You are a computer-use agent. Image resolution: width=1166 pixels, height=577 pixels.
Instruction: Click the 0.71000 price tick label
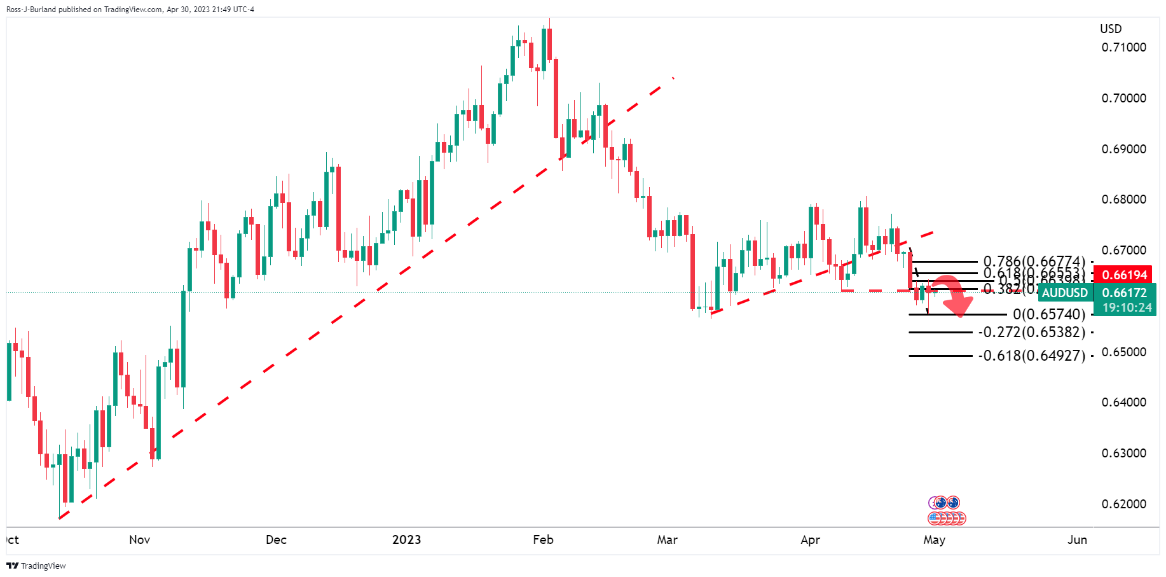(1123, 48)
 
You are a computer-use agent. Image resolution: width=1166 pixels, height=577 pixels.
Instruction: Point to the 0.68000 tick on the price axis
(1123, 200)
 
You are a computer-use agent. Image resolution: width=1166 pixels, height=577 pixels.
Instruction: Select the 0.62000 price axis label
(1123, 504)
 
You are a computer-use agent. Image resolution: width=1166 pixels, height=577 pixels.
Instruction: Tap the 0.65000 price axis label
(1123, 352)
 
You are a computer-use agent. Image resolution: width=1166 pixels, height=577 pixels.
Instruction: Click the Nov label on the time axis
(139, 540)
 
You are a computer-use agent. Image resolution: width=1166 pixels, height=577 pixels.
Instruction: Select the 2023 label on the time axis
(406, 540)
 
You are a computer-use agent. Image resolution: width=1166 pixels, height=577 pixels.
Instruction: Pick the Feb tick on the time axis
(543, 540)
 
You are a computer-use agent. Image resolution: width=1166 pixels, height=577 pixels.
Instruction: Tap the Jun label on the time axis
(1077, 540)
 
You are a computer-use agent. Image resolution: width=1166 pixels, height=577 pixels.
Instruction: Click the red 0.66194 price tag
(1124, 275)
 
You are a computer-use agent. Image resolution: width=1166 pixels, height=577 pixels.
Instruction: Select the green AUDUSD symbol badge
(1064, 293)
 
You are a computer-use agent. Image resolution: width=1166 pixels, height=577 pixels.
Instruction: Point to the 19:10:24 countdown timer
(1127, 308)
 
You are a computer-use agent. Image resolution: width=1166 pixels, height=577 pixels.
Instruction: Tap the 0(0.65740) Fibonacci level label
(1049, 314)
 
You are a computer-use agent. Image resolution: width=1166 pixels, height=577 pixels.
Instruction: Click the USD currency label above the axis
(1111, 29)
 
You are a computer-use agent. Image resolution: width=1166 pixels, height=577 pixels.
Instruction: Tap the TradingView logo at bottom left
(37, 566)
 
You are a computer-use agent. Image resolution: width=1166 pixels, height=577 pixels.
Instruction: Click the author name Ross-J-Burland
(31, 10)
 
